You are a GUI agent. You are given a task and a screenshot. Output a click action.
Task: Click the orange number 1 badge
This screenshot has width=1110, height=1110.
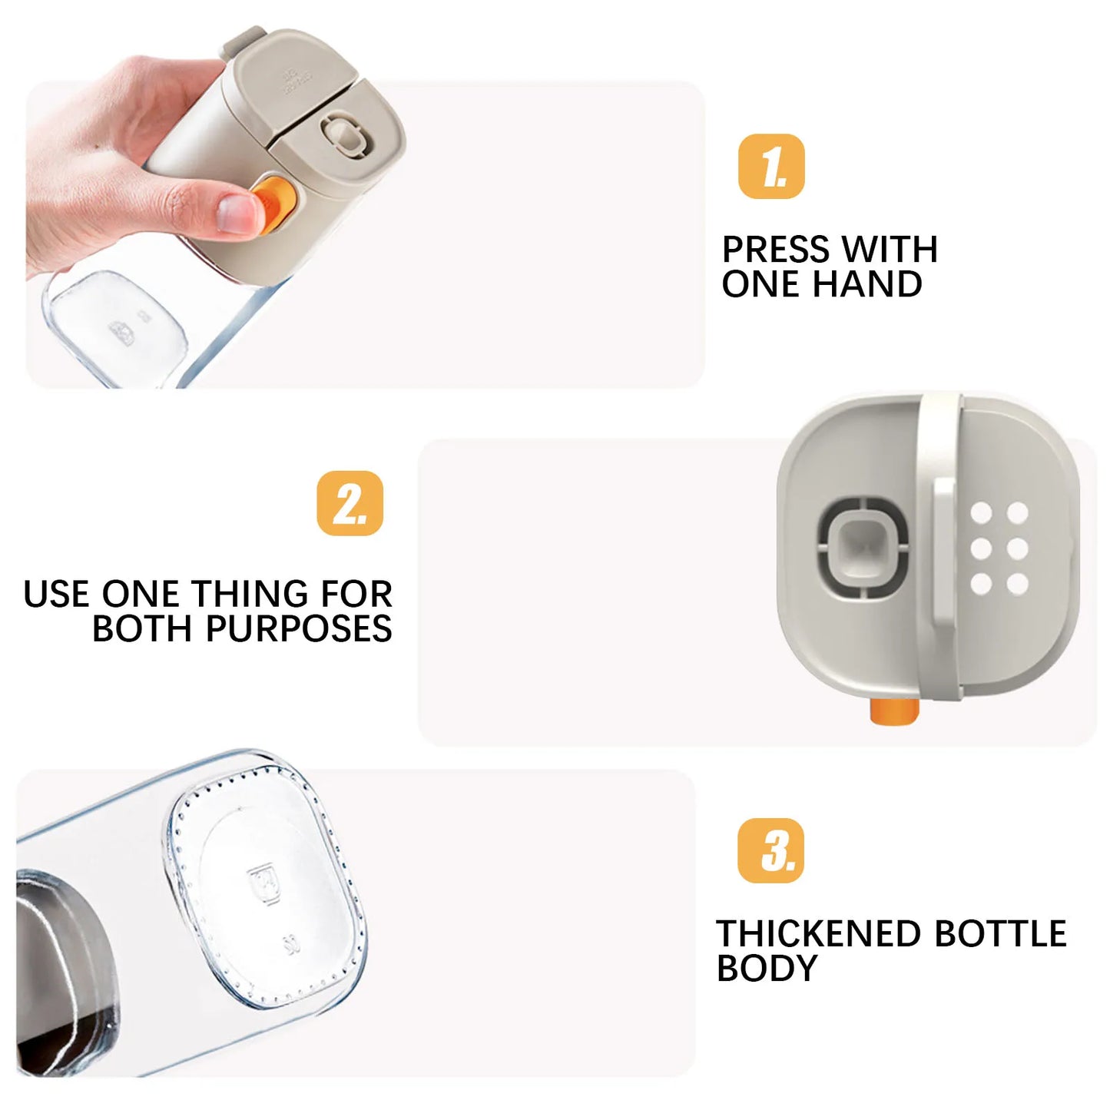point(771,167)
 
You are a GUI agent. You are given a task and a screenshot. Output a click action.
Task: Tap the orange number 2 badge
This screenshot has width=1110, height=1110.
point(350,503)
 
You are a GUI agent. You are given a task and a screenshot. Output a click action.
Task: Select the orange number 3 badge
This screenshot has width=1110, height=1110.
point(771,850)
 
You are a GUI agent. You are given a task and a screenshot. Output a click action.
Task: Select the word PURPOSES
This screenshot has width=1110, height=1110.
point(299,628)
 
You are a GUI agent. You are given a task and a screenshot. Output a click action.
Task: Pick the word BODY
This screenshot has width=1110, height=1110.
point(767,969)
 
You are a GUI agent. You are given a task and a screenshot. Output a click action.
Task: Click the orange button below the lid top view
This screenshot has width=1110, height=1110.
point(894,711)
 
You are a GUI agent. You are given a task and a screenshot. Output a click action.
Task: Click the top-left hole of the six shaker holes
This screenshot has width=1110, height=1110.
point(981,512)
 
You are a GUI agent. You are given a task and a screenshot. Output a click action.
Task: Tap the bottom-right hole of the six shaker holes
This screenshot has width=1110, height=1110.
point(1018,584)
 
